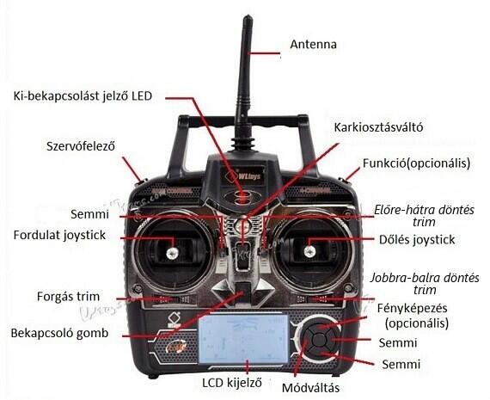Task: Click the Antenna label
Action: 313,44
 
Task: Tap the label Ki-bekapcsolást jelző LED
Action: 83,96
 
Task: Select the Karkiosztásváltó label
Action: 378,127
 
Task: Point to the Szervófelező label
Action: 81,146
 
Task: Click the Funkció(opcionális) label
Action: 416,163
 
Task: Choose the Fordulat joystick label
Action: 59,235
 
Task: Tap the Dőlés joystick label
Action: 417,239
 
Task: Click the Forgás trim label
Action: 68,296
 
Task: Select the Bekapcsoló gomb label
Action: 59,333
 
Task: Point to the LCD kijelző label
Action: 231,383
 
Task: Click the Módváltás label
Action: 310,388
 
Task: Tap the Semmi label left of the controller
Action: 89,214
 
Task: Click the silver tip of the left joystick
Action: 172,253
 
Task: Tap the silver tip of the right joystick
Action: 309,251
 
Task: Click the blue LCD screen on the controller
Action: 244,339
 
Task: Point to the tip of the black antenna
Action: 248,16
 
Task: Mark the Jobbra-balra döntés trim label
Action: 425,284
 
